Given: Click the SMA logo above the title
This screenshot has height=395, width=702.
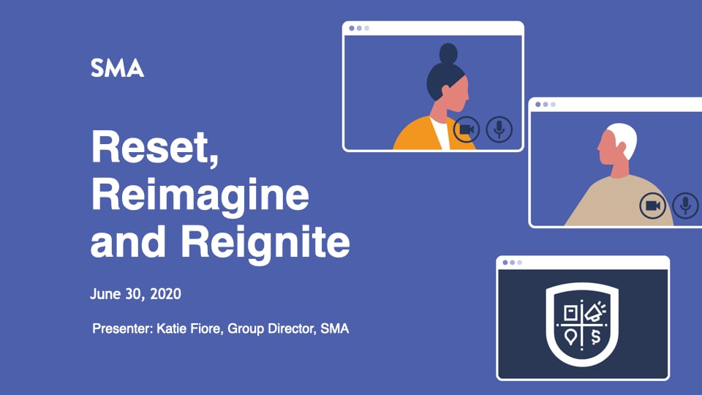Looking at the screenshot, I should (117, 69).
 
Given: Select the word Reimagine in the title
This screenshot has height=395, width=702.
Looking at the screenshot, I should (200, 196).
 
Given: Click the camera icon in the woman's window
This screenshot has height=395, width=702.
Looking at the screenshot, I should (466, 130).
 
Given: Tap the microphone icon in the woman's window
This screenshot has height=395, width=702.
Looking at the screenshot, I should (499, 130).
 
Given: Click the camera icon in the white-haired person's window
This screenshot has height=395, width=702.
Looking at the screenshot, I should (652, 206).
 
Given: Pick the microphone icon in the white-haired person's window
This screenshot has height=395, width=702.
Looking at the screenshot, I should (685, 206).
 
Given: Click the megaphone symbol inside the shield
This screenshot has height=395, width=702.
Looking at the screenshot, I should (593, 312).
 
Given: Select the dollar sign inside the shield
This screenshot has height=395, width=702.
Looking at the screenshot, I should (595, 336).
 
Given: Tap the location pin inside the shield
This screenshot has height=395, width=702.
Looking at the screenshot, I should (570, 335).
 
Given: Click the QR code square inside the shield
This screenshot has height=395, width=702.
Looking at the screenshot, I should (571, 312).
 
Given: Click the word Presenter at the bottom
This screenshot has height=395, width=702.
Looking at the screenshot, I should (121, 328).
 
